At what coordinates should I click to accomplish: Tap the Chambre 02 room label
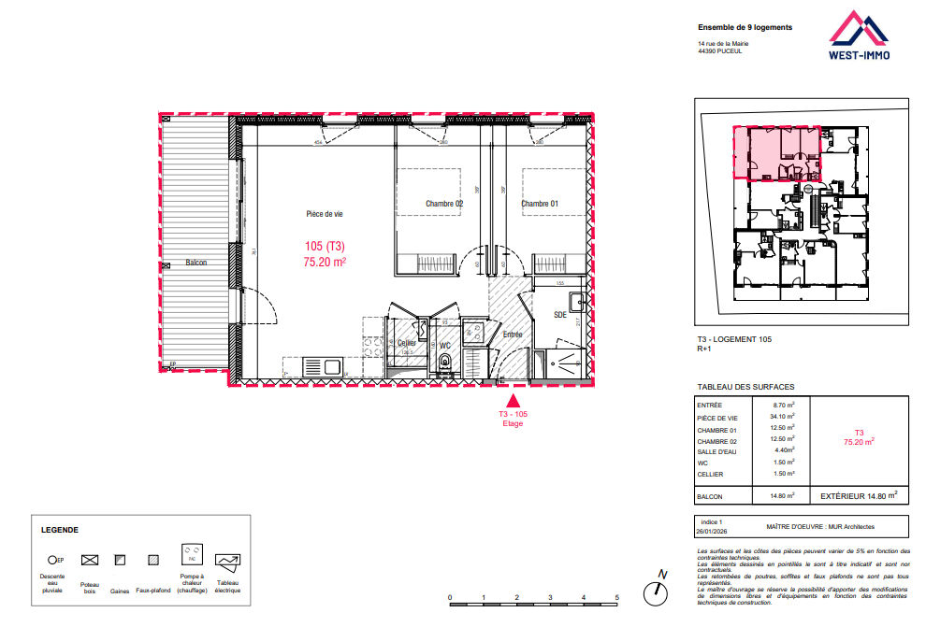click(444, 204)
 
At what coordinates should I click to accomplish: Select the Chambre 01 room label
click(540, 204)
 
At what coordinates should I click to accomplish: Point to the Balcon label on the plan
click(195, 263)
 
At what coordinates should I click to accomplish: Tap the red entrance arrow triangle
click(512, 399)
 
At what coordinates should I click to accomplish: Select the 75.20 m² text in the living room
click(325, 263)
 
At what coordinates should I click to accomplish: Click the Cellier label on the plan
click(406, 343)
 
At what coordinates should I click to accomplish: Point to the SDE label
click(560, 315)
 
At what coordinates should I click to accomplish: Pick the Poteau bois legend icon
click(90, 561)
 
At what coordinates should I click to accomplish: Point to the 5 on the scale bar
click(616, 597)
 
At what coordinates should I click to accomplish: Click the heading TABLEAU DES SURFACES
click(745, 387)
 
